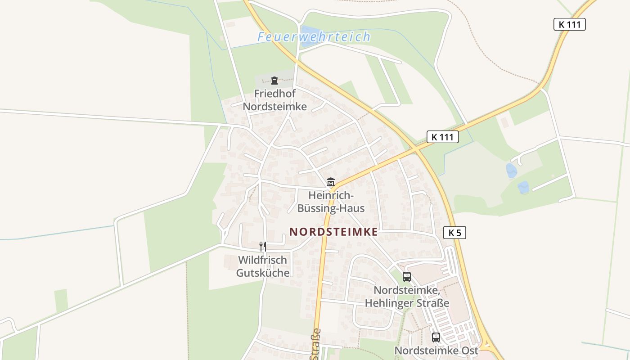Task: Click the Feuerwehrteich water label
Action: (314, 36)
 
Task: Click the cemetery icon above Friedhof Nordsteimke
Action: (274, 81)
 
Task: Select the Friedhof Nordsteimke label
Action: (274, 100)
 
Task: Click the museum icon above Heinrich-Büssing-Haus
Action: (331, 182)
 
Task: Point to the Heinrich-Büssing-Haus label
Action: (331, 202)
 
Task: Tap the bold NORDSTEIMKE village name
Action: (333, 232)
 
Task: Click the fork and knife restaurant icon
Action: (263, 246)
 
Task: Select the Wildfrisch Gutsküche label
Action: (263, 266)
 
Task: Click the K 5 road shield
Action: (454, 233)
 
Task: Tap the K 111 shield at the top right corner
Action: (569, 24)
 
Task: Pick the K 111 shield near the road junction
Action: (442, 137)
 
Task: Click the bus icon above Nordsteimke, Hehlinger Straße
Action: (407, 277)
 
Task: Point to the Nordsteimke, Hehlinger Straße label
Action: (407, 297)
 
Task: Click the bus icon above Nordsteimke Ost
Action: (436, 337)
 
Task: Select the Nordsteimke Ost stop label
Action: (436, 350)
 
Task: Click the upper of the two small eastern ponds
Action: (511, 171)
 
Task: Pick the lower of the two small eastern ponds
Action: (523, 187)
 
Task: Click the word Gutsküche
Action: (263, 273)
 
